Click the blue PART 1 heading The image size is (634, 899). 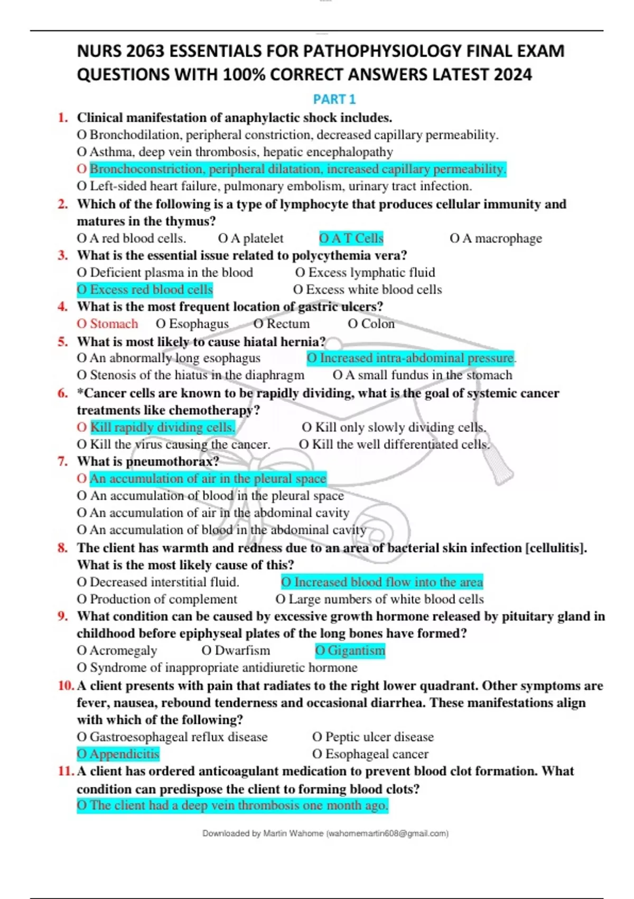[x=334, y=99]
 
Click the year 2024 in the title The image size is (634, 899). [x=512, y=75]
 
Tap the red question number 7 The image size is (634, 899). [x=63, y=462]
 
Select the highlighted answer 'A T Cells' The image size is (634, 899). [x=351, y=238]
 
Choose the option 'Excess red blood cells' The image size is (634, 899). [x=145, y=290]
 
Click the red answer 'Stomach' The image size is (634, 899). [x=108, y=324]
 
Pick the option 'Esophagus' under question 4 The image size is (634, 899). [x=192, y=324]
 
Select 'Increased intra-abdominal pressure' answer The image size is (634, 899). [x=411, y=358]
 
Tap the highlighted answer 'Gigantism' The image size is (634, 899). [x=350, y=650]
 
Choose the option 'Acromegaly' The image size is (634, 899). [x=117, y=650]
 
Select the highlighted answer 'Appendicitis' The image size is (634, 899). [x=118, y=754]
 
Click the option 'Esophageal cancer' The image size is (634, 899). [x=370, y=754]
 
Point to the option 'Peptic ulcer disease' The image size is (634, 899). [x=373, y=737]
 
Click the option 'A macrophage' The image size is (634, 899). [x=496, y=238]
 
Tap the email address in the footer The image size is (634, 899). [x=388, y=833]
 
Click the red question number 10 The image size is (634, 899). [x=66, y=686]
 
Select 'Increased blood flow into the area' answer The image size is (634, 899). [x=382, y=582]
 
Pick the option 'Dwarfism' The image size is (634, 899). [x=236, y=650]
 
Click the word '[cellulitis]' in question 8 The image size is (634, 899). [x=556, y=548]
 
